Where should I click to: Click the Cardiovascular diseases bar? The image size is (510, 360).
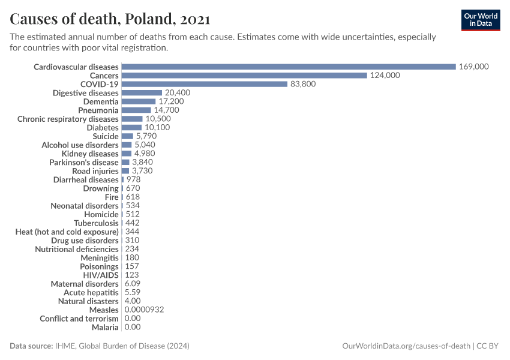coord(289,67)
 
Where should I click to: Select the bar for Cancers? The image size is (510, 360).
coord(244,76)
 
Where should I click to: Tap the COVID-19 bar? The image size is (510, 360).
coord(205,84)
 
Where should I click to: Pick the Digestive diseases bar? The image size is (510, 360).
coord(142,93)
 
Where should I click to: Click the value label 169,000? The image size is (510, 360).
coord(474,67)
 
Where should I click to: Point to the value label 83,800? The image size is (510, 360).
coord(303,84)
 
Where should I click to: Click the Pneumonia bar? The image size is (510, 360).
coord(136,110)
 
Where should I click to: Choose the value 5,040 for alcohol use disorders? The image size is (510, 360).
coord(145,145)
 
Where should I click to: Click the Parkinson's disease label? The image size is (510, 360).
coord(84,163)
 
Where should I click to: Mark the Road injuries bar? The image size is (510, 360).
coord(125,171)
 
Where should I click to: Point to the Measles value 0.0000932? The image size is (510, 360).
coord(144,310)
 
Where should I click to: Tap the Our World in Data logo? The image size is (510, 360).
coord(481,19)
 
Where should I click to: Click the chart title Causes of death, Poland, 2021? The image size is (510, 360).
coord(110,19)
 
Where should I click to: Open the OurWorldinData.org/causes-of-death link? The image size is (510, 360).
coord(405,346)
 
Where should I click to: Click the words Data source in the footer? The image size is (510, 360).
coord(31,346)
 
